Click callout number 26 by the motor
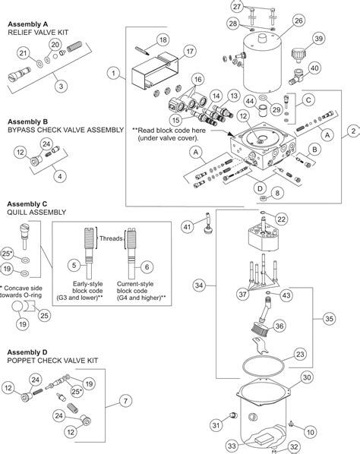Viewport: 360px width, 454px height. pos(298,20)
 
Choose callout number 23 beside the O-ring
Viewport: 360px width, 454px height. pos(300,354)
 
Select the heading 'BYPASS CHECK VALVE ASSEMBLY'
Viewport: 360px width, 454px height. pos(65,130)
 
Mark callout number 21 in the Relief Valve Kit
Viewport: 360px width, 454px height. pos(22,52)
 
